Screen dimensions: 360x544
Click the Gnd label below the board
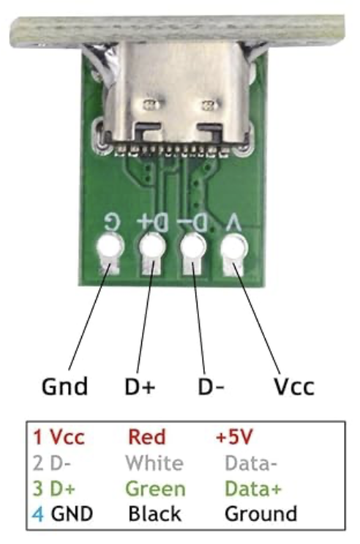64,387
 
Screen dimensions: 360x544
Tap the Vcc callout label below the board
294,387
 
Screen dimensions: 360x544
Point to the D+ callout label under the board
140,387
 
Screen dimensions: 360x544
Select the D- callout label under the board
211,387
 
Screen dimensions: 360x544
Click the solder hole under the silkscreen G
110,246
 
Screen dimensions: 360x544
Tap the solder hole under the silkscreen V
234,246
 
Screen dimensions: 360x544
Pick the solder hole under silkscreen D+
151,246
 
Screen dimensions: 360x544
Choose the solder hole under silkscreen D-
193,246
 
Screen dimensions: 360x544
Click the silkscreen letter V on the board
233,223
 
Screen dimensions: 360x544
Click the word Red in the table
147,437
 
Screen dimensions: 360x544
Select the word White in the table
154,463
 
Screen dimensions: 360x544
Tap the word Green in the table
156,488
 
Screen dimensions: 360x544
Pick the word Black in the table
155,514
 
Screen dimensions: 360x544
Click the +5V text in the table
234,437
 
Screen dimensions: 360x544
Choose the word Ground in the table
261,514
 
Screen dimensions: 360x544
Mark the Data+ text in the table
253,488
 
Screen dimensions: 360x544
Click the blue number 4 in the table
38,514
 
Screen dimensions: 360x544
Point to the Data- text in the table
251,463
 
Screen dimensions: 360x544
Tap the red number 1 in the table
37,437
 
